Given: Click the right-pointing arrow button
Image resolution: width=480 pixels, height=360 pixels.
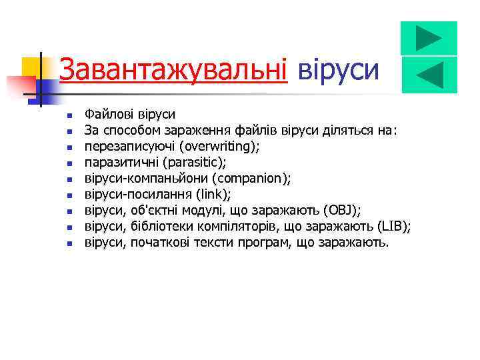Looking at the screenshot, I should (429, 37).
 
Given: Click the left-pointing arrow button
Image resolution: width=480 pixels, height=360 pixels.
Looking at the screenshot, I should (429, 75).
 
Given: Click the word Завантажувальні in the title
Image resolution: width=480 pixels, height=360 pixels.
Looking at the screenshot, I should (173, 69).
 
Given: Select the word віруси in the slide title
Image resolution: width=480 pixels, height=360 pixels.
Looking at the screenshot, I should (339, 69).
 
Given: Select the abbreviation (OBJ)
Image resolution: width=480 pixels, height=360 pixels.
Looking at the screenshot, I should (341, 211).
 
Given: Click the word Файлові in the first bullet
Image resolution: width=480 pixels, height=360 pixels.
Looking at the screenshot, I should (106, 114).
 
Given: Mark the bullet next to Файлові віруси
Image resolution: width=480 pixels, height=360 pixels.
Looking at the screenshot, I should (68, 115).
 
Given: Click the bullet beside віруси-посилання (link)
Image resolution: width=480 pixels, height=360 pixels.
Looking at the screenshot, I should (68, 195).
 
